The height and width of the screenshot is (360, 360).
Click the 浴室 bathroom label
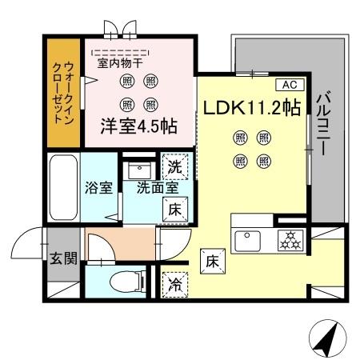point(100,189)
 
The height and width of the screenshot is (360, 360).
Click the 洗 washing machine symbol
point(175,169)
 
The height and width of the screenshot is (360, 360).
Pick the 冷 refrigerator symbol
point(174,283)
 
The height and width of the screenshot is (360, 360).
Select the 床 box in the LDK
point(212,261)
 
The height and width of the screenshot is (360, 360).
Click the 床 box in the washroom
point(175,210)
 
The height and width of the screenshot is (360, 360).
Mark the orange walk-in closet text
point(62,92)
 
